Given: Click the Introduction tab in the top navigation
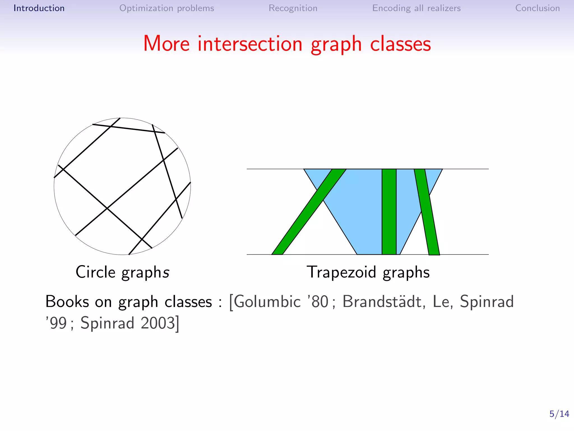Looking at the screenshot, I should (x=39, y=8).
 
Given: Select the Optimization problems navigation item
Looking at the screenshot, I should (x=166, y=8).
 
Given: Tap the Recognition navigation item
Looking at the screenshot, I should (x=293, y=8).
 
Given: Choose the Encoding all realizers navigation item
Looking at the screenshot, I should (x=416, y=8).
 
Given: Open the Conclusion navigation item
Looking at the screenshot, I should (x=537, y=8).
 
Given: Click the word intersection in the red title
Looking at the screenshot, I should (x=250, y=44).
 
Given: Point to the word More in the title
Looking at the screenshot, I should (x=166, y=44).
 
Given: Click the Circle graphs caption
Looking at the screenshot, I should (x=122, y=272).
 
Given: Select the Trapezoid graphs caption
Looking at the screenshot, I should (x=368, y=272).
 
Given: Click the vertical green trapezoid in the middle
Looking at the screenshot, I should (x=389, y=212).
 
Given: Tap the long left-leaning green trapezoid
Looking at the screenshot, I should (x=308, y=212).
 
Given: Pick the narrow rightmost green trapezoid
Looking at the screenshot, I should (x=427, y=212).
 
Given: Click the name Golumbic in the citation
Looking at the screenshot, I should (x=267, y=302).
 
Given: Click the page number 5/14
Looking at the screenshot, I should (x=559, y=414).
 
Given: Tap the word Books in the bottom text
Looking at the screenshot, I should (x=67, y=302).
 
